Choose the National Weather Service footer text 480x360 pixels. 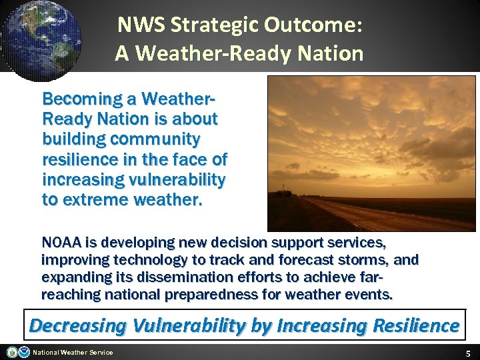73,352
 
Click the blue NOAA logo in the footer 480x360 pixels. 24,352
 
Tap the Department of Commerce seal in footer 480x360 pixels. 12,352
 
